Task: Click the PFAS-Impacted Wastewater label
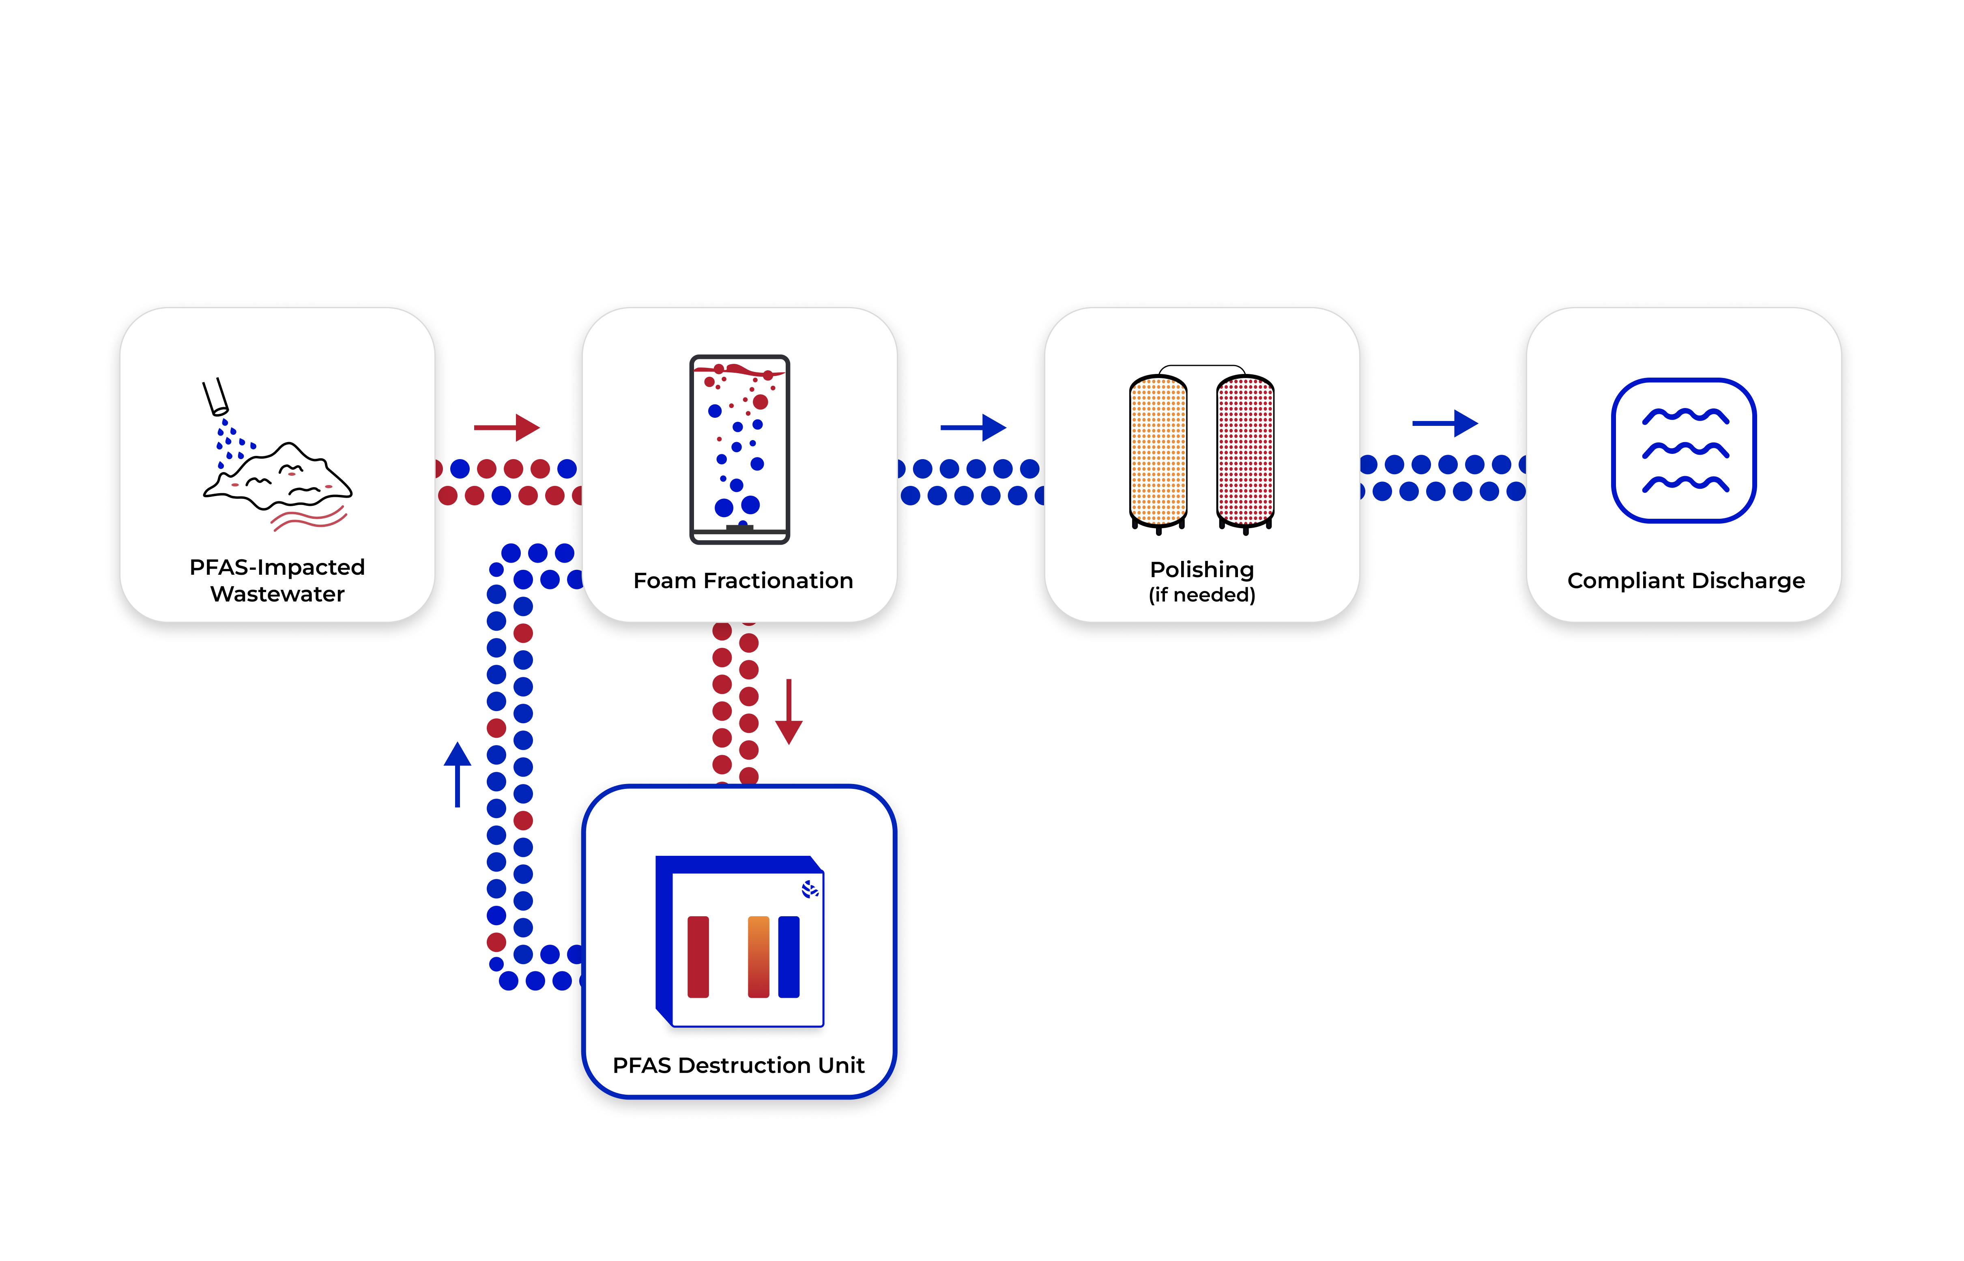(x=277, y=580)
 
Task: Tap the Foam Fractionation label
(x=743, y=580)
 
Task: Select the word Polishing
(x=1201, y=569)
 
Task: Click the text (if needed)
(x=1201, y=595)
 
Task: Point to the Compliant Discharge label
(x=1685, y=580)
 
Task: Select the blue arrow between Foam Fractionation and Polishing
(x=973, y=427)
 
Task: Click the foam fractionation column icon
(x=739, y=449)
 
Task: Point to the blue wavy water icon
(x=1684, y=450)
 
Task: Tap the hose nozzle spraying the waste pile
(x=215, y=396)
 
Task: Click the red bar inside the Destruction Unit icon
(x=698, y=956)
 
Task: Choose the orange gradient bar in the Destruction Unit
(x=758, y=956)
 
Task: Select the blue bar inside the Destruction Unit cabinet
(x=789, y=956)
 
